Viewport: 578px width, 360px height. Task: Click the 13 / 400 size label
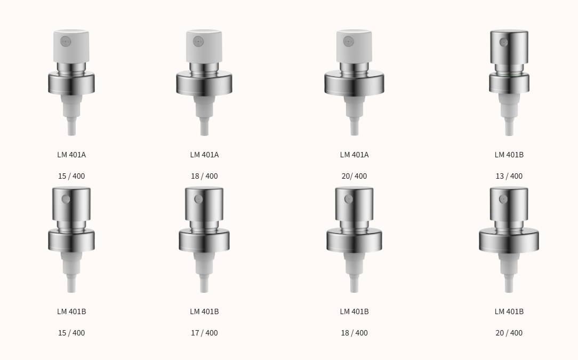[x=509, y=176]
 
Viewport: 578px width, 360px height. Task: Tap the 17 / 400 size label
[x=204, y=333]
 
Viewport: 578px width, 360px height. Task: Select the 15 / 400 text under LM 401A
[x=71, y=176]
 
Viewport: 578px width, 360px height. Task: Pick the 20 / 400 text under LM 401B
[x=509, y=333]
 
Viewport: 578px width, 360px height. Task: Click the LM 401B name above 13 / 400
[x=509, y=155]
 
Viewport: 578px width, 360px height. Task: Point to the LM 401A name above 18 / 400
[x=204, y=155]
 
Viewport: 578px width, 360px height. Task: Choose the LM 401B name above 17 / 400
[x=204, y=311]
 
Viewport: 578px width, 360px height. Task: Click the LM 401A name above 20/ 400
[x=354, y=155]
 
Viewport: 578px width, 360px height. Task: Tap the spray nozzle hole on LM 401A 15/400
[x=66, y=42]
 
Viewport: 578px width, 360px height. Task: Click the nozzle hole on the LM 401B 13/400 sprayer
[x=503, y=43]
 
